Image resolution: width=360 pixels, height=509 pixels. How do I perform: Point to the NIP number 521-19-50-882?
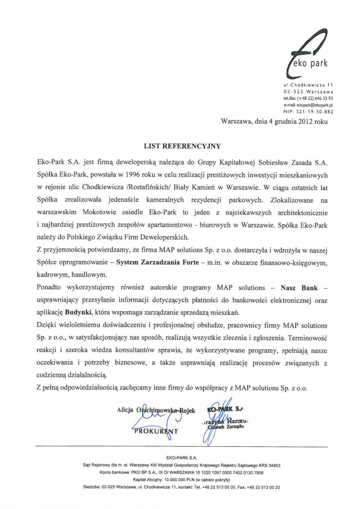tap(314, 112)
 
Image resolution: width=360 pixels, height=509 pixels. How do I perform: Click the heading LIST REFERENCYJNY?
tap(181, 147)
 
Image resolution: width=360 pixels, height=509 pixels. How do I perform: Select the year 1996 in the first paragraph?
tap(129, 175)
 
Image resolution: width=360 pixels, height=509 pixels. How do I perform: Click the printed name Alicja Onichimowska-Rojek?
tap(155, 410)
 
